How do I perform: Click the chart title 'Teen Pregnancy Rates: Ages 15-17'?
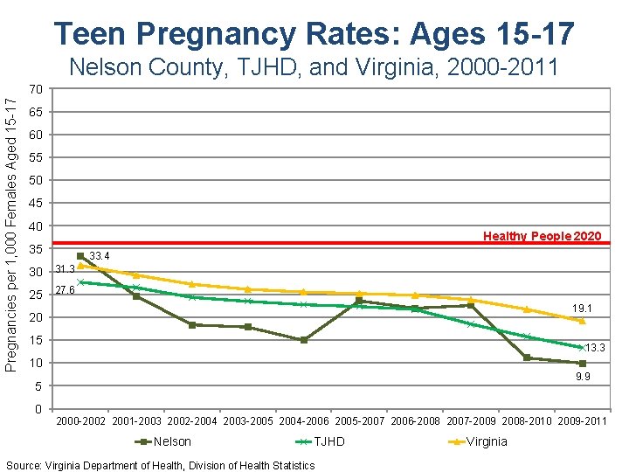tap(314, 33)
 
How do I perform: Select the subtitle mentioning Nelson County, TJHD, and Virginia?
tap(314, 67)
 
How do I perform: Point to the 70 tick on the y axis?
tap(36, 90)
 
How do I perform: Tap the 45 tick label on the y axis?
tap(36, 204)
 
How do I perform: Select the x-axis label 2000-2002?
tap(81, 421)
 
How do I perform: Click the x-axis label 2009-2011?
tap(582, 421)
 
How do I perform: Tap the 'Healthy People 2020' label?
tap(542, 236)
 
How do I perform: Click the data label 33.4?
tap(100, 255)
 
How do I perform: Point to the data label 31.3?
tap(64, 268)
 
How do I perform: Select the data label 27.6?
tap(64, 290)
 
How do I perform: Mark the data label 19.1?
tap(583, 309)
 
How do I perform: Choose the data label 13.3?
tap(595, 348)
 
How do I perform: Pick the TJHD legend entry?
tap(320, 441)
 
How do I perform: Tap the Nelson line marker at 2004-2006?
tap(304, 340)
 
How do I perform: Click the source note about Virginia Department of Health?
tap(160, 465)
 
